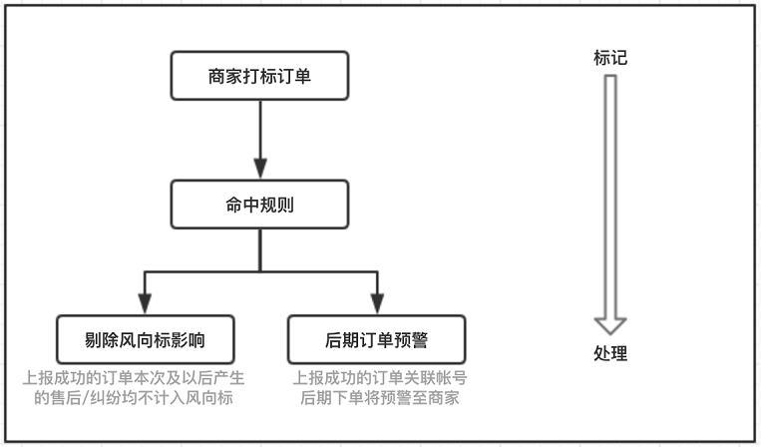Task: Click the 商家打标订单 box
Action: click(259, 76)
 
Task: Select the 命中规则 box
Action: click(259, 205)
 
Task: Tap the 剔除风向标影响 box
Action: click(145, 340)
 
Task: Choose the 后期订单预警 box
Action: click(377, 340)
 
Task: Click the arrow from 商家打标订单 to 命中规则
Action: click(260, 140)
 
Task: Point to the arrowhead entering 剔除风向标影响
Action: click(145, 304)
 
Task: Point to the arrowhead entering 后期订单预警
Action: click(377, 304)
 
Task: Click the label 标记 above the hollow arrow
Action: click(610, 58)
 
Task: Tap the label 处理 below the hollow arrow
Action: click(610, 353)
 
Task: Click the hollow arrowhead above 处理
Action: click(610, 326)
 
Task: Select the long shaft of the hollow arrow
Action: click(610, 197)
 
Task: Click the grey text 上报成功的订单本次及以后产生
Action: click(134, 378)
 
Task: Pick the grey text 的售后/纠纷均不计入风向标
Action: click(134, 397)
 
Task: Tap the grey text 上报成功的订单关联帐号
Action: click(380, 378)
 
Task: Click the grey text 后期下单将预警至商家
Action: click(380, 397)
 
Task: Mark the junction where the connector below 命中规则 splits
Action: click(260, 271)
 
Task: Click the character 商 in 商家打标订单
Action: click(217, 76)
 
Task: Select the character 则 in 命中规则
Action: click(285, 205)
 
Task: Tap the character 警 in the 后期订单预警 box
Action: click(419, 340)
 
